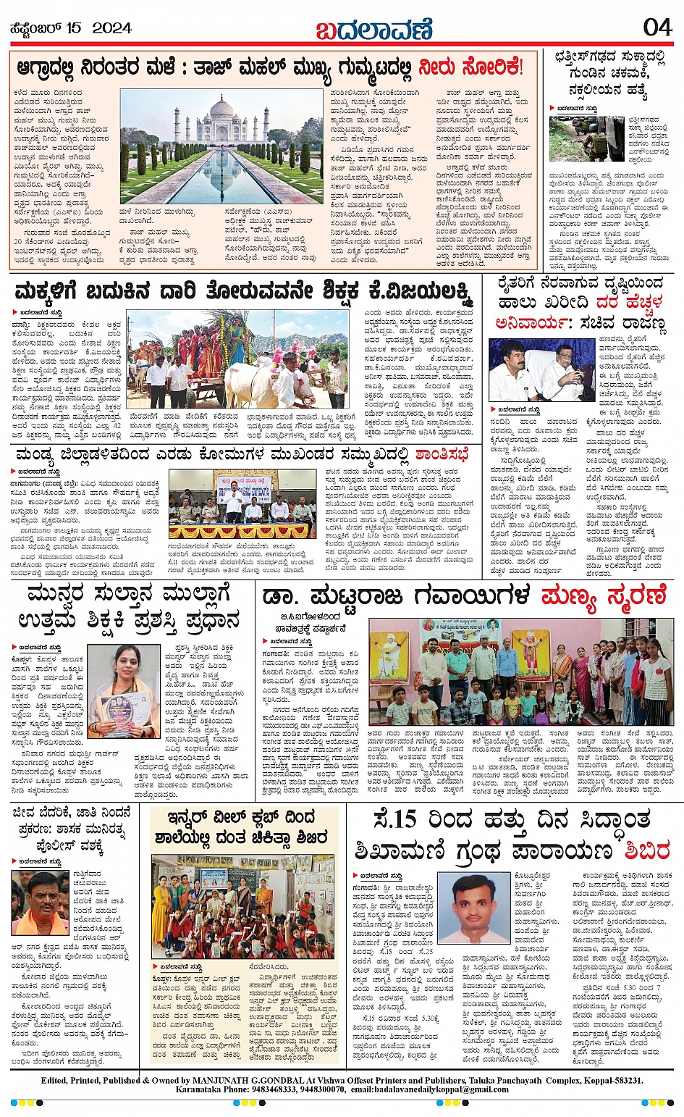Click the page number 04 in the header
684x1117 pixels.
(x=656, y=28)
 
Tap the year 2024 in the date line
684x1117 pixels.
(x=111, y=28)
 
